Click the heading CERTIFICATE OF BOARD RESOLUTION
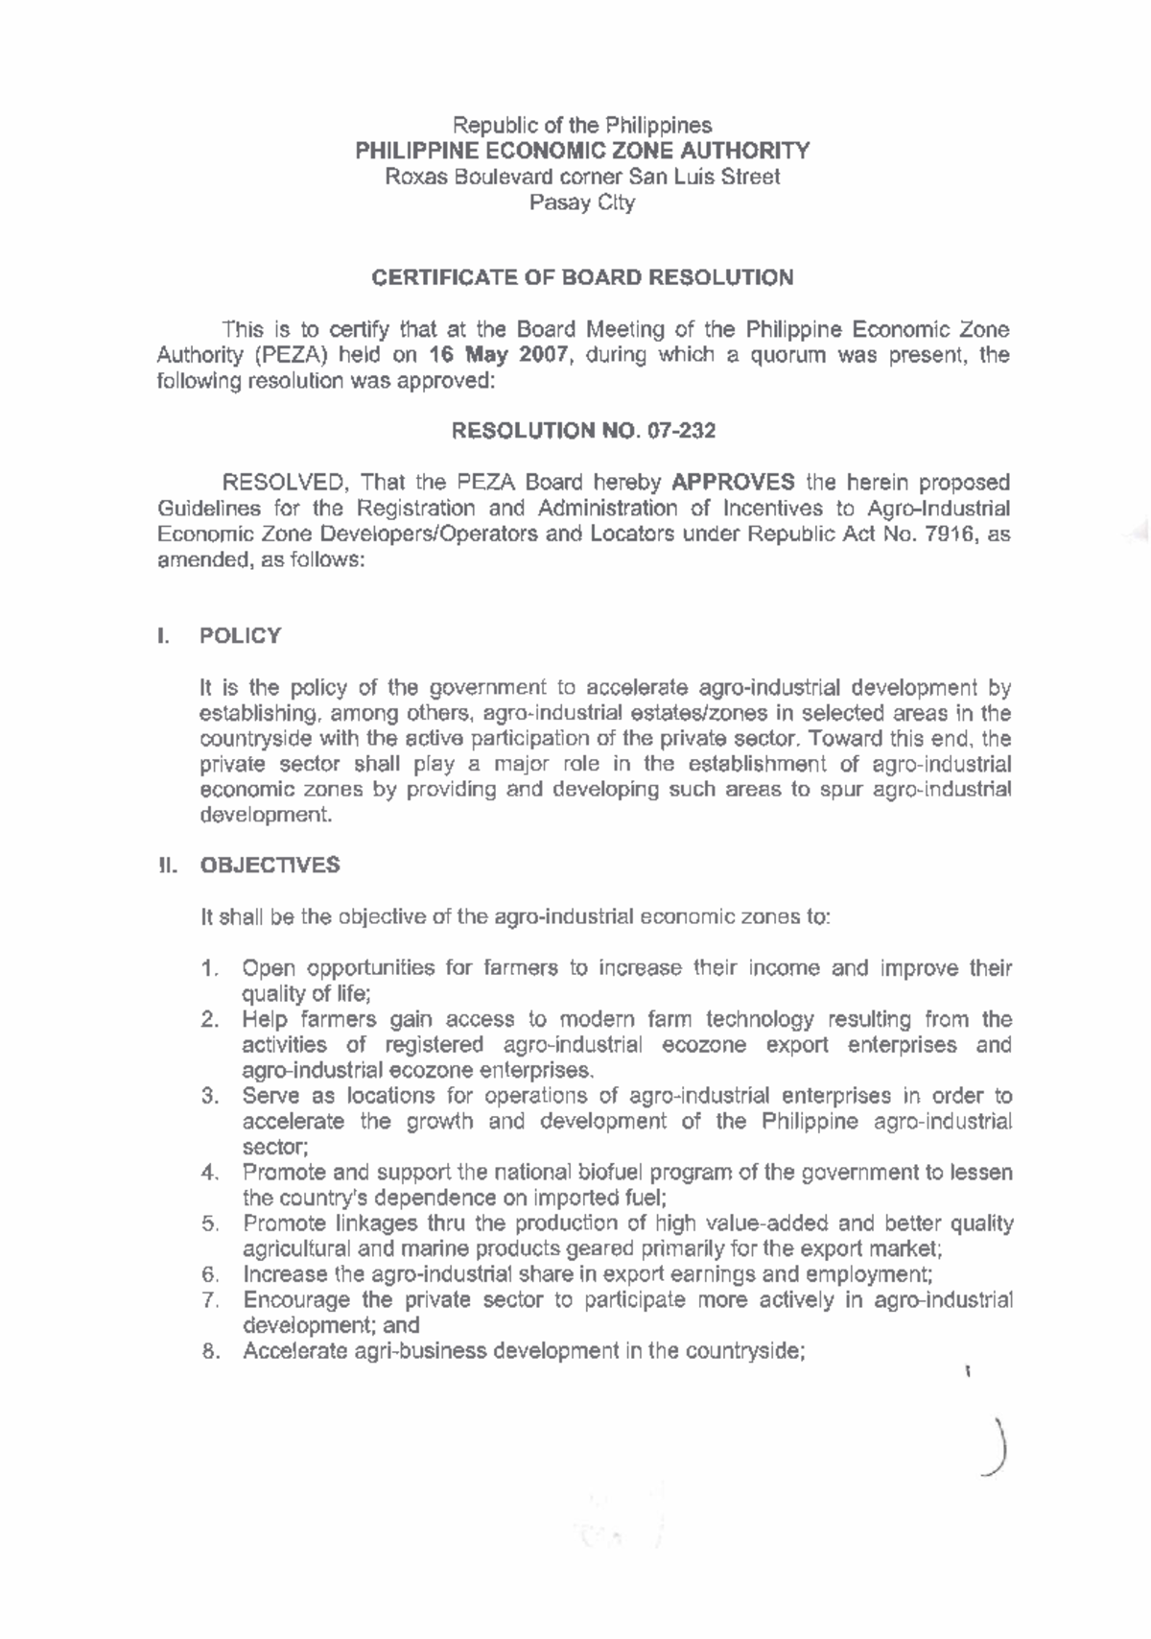[x=582, y=278]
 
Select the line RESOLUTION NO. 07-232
[x=582, y=431]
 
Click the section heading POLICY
[x=240, y=636]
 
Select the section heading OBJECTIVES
[x=269, y=866]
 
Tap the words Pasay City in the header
[x=582, y=203]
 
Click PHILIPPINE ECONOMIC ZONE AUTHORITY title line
[x=582, y=151]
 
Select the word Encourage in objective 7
[x=295, y=1300]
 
